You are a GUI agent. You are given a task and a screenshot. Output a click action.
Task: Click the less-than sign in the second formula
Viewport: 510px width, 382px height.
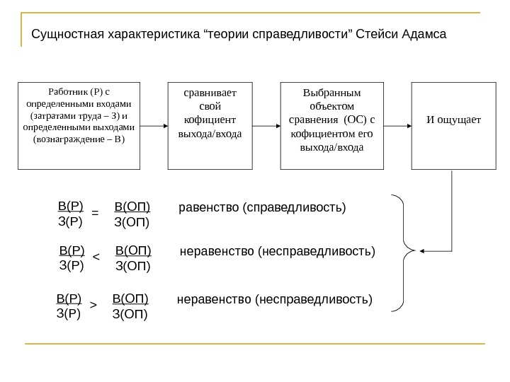pyautogui.click(x=97, y=257)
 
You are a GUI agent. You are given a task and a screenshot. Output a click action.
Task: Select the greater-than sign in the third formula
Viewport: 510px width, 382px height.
pyautogui.click(x=93, y=306)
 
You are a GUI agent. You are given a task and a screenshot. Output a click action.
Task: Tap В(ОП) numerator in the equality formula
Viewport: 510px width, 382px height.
pyautogui.click(x=132, y=207)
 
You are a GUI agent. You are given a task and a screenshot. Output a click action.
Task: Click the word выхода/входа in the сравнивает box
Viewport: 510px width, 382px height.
pyautogui.click(x=210, y=133)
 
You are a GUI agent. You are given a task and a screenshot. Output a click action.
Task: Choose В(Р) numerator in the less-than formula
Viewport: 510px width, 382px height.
pyautogui.click(x=72, y=250)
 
